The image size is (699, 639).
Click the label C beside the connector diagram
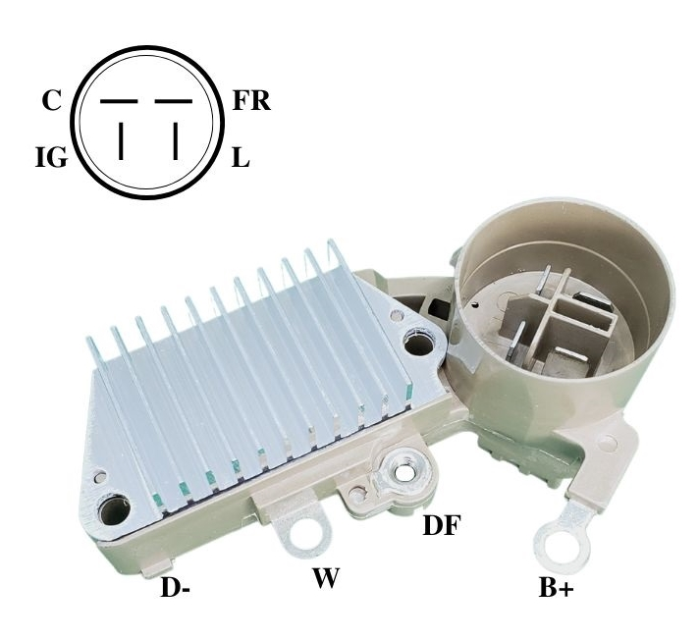[x=51, y=101]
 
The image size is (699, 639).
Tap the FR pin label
[x=251, y=101]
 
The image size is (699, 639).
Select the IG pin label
[x=52, y=157]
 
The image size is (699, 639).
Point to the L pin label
[x=241, y=157]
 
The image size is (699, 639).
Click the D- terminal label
[x=175, y=587]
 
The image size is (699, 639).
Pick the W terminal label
[x=326, y=577]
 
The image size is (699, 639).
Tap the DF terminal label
[x=441, y=525]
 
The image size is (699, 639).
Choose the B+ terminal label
[x=556, y=587]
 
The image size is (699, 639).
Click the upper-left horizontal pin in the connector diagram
[x=119, y=102]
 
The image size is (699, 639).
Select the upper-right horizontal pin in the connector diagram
[x=174, y=102]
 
